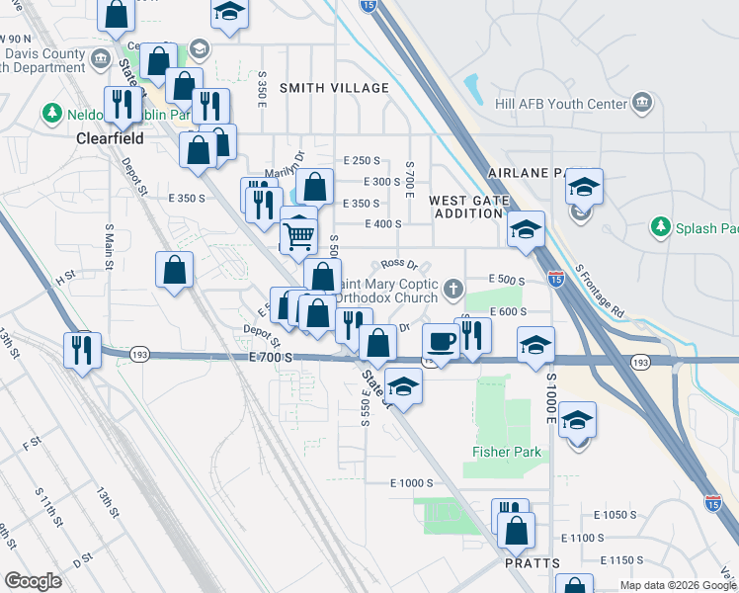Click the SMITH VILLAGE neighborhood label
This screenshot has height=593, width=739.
[x=334, y=88]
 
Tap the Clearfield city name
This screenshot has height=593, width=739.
[x=111, y=139]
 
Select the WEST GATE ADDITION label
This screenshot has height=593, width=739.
[x=468, y=208]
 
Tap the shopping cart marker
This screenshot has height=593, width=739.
[x=298, y=235]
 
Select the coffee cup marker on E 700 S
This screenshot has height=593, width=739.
[x=441, y=342]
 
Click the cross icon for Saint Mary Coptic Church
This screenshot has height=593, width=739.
[x=453, y=290]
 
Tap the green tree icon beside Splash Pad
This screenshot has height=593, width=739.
[x=660, y=228]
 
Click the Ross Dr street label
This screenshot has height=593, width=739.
[x=399, y=264]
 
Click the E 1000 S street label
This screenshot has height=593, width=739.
[x=412, y=482]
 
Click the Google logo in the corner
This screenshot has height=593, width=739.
[x=33, y=581]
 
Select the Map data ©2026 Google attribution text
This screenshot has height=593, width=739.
[x=677, y=585]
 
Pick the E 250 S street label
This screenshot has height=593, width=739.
[x=362, y=160]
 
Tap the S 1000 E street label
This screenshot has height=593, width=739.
[x=551, y=395]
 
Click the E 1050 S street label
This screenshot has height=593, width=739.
[x=616, y=515]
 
